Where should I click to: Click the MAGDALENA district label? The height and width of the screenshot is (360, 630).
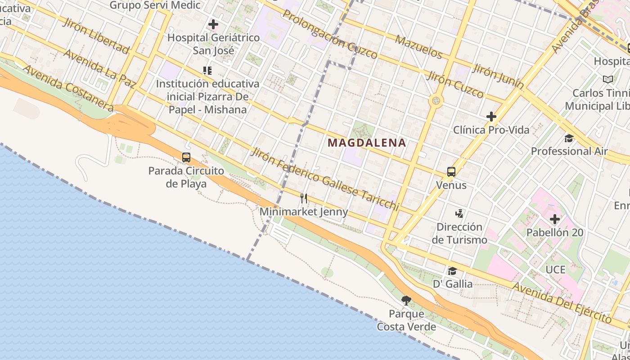[367, 143]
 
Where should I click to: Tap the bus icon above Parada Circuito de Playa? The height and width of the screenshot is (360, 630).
[186, 157]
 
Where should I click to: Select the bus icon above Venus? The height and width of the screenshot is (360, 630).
[451, 171]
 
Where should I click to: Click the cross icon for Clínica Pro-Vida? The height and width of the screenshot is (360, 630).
[491, 117]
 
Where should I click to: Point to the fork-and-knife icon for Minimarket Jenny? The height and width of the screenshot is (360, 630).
[304, 198]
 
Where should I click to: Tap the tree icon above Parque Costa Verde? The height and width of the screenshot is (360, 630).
[406, 300]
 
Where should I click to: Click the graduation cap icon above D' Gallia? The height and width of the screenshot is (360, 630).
[452, 271]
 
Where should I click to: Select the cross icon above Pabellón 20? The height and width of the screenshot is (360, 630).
[555, 219]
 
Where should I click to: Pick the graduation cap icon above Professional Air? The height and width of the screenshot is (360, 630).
[569, 138]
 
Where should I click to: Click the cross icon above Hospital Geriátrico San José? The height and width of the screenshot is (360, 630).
[213, 24]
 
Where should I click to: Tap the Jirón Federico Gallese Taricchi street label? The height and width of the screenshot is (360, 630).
[325, 179]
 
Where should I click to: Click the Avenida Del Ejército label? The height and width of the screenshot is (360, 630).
[562, 302]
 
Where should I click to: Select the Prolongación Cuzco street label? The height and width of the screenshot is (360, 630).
[330, 34]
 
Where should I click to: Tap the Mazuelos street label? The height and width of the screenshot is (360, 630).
[419, 47]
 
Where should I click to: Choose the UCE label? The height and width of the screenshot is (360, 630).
[555, 270]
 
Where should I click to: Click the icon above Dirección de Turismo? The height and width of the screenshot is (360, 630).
[459, 213]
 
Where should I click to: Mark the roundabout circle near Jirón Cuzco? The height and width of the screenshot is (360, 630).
[436, 100]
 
